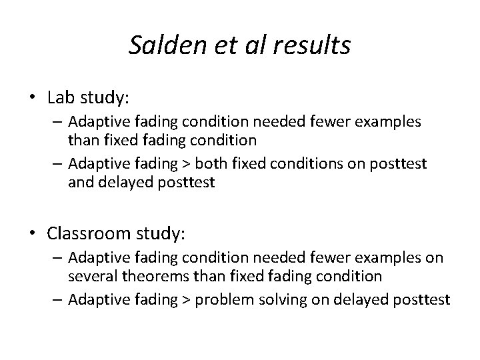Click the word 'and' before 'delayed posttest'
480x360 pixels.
point(79,181)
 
